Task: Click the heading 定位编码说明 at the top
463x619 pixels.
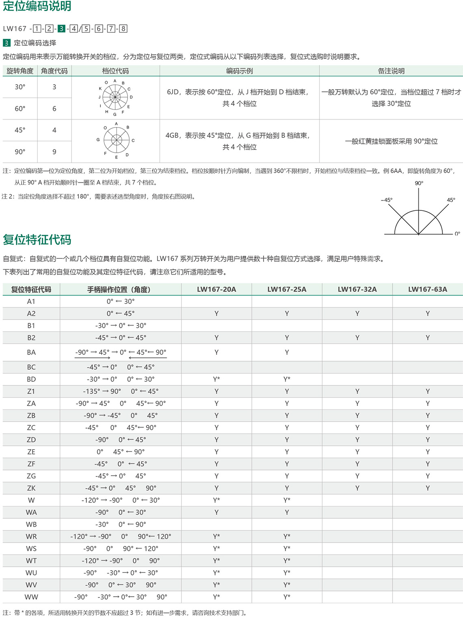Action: click(37, 6)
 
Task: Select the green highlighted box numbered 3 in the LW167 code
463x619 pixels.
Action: click(61, 28)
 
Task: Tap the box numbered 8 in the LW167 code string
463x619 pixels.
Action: click(123, 28)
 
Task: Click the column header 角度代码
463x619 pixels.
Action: click(54, 71)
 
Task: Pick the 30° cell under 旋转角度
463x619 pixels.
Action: click(20, 87)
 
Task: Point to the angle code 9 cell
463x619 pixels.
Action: click(54, 152)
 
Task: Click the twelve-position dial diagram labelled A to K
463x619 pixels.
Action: click(115, 97)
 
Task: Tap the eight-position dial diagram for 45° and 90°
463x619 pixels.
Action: click(116, 140)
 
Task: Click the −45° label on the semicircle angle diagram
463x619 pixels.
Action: click(387, 200)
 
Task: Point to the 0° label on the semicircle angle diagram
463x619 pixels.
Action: click(457, 234)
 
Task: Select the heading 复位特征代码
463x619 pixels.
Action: click(37, 240)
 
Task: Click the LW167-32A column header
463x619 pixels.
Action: click(357, 289)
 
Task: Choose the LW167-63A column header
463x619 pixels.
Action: click(428, 289)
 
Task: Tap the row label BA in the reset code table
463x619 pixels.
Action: click(31, 352)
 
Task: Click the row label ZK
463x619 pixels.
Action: click(31, 488)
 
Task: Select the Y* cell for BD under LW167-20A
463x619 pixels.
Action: click(216, 379)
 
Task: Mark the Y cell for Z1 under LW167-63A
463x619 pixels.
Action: click(428, 391)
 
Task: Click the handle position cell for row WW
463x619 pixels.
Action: click(121, 597)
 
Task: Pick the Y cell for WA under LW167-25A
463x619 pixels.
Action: click(287, 512)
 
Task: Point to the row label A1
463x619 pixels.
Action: click(31, 301)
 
